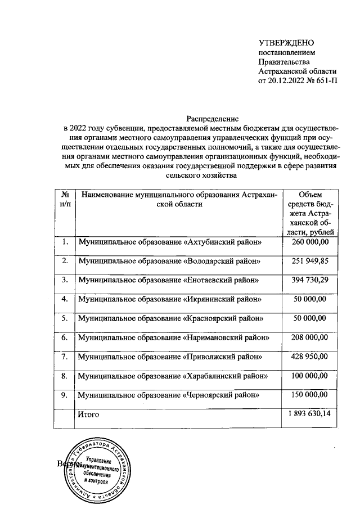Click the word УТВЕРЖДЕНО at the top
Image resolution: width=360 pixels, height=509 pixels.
[x=286, y=43]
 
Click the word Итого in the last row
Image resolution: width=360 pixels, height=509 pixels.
[x=89, y=415]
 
